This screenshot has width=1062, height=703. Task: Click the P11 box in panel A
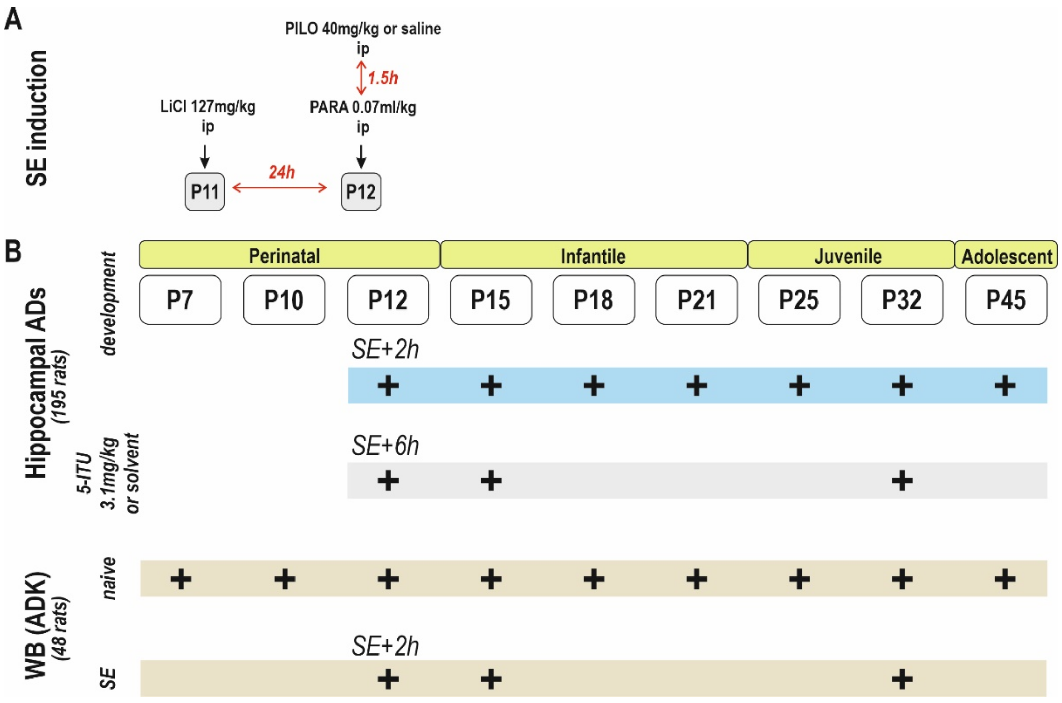tap(204, 192)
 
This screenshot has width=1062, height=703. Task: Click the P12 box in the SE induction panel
tap(361, 192)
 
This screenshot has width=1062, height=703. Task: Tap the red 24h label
tap(282, 172)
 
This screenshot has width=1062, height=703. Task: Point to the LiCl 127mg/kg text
tap(207, 107)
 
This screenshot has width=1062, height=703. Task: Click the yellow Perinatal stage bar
tap(290, 255)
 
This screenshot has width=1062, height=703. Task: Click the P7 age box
tap(180, 300)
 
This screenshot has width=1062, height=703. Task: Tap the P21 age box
tap(696, 300)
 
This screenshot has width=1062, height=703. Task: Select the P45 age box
tap(1006, 300)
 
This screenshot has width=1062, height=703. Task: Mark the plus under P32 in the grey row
tap(902, 481)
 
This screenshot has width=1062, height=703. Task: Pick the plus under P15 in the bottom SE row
tap(491, 679)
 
